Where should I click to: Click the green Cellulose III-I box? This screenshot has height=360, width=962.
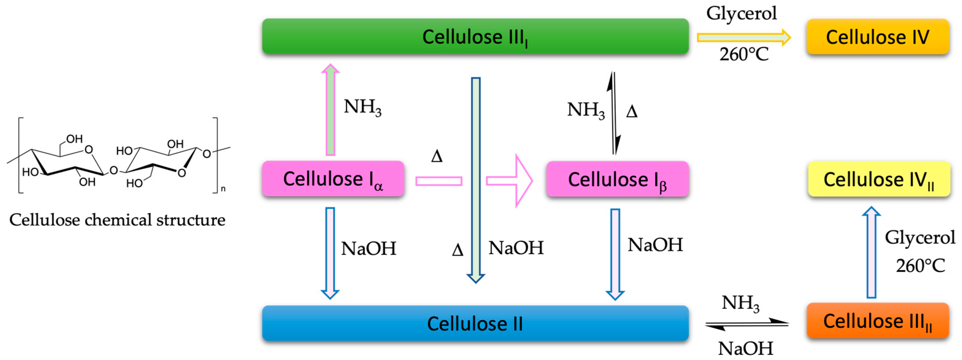475,36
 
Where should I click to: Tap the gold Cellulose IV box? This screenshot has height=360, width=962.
878,36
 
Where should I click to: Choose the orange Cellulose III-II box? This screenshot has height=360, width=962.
878,321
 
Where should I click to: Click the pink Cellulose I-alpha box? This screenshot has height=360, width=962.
333,179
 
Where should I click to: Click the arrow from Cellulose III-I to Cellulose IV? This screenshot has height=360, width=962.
743,37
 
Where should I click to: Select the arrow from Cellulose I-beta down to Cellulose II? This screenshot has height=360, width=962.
615,254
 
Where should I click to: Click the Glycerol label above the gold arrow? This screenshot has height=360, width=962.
741,13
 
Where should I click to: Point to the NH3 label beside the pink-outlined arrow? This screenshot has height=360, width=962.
362,108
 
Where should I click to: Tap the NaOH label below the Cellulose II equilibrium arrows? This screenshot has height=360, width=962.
745,348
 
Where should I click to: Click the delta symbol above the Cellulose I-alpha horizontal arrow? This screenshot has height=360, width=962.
437,156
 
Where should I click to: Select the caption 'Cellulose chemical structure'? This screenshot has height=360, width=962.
117,220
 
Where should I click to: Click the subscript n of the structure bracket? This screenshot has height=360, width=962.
223,189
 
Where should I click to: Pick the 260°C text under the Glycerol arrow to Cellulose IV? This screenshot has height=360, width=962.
744,55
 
